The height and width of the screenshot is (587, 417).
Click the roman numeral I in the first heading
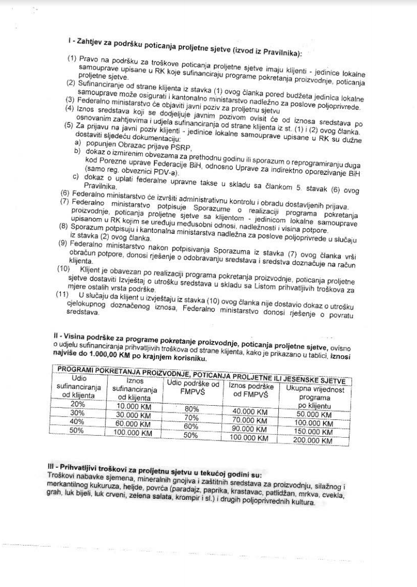[69, 42]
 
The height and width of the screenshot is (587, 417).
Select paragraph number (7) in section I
[65, 201]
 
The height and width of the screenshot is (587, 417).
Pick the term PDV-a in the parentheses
[166, 173]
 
